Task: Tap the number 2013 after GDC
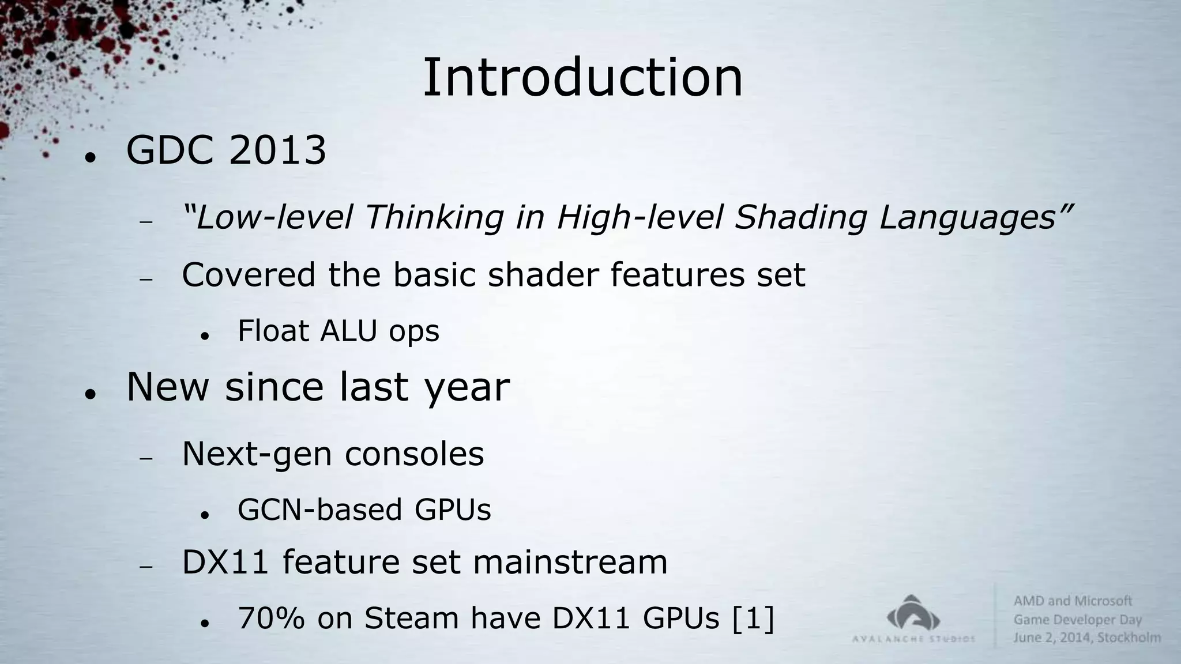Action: (277, 151)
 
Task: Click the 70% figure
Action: (271, 618)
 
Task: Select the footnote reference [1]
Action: (753, 618)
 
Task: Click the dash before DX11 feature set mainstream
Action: (145, 567)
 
